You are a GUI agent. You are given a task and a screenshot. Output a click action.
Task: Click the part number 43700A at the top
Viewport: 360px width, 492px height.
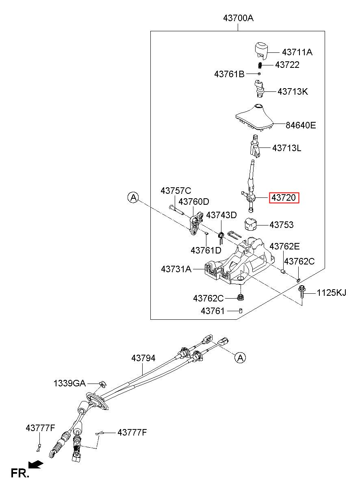pos(239,18)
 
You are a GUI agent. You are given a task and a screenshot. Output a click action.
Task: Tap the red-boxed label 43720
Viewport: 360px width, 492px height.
pos(284,198)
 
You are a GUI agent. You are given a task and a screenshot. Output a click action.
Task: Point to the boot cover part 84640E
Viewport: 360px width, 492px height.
pos(255,117)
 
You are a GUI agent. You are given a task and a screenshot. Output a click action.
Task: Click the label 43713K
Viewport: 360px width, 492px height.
pos(293,91)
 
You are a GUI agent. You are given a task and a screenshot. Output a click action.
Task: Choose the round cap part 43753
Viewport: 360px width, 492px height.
pos(251,224)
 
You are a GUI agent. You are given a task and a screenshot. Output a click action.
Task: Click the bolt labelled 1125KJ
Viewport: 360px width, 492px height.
pos(301,292)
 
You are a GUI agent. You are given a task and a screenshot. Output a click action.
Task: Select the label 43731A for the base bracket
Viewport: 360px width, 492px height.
pos(176,269)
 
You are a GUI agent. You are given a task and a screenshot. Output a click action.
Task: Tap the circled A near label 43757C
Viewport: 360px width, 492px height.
pos(133,197)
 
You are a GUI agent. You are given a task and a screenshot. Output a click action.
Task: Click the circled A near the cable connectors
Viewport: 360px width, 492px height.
pos(240,358)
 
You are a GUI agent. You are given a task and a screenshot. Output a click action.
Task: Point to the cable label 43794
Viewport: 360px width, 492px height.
pos(143,358)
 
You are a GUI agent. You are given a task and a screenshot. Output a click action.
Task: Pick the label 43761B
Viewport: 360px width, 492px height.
pos(229,74)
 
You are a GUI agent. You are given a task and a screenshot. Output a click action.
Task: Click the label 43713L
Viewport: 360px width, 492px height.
pos(286,148)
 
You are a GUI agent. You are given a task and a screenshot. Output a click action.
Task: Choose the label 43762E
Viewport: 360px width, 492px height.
pos(284,247)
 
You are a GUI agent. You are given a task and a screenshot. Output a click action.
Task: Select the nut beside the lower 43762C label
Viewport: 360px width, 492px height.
pos(241,297)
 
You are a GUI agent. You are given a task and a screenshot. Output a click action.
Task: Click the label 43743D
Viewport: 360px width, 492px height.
pos(221,215)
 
